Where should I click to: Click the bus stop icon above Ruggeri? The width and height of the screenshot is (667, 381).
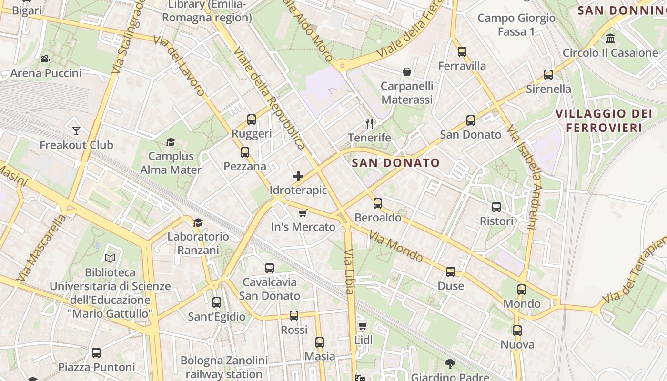click(x=252, y=120)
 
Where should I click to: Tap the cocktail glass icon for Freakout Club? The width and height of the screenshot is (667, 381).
click(x=76, y=130)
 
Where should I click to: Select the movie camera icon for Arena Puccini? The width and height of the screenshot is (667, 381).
click(x=46, y=59)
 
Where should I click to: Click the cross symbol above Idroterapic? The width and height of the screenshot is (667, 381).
click(x=298, y=176)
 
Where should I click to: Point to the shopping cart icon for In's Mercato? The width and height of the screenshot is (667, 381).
click(x=303, y=213)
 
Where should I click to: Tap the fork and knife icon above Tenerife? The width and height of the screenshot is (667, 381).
click(x=369, y=124)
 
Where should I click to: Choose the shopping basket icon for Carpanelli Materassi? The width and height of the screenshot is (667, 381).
click(x=407, y=72)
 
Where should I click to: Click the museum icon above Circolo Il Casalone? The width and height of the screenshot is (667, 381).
click(x=610, y=38)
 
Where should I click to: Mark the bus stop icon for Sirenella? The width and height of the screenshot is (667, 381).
click(x=548, y=75)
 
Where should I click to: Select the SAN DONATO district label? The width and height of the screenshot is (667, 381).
click(x=395, y=163)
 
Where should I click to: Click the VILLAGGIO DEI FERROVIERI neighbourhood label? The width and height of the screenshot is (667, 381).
click(x=604, y=120)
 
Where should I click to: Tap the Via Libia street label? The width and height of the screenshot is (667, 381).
click(x=349, y=271)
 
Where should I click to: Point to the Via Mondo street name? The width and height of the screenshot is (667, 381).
click(x=395, y=247)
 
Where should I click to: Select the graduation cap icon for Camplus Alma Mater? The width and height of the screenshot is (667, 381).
click(x=171, y=142)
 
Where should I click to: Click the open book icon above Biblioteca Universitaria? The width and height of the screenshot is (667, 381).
click(x=110, y=258)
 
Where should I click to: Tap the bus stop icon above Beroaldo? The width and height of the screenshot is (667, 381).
click(x=378, y=203)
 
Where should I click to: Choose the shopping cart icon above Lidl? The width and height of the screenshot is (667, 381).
click(x=363, y=326)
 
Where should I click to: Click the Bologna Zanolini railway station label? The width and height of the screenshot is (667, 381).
click(x=224, y=367)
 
